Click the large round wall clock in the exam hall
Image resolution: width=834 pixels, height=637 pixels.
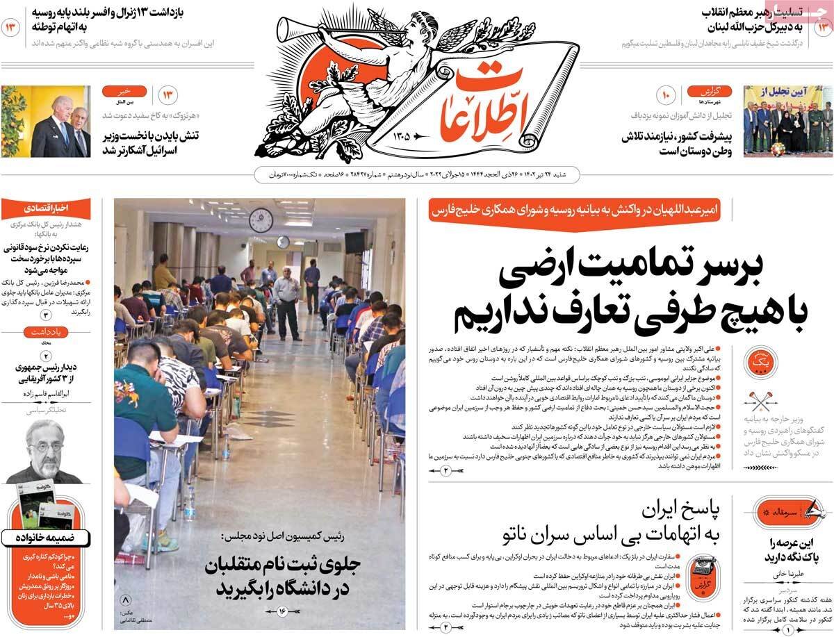261,220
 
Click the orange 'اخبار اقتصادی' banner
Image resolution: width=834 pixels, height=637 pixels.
46,208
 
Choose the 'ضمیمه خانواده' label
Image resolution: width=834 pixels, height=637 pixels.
46,536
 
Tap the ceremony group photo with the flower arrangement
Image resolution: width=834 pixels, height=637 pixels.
787,121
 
